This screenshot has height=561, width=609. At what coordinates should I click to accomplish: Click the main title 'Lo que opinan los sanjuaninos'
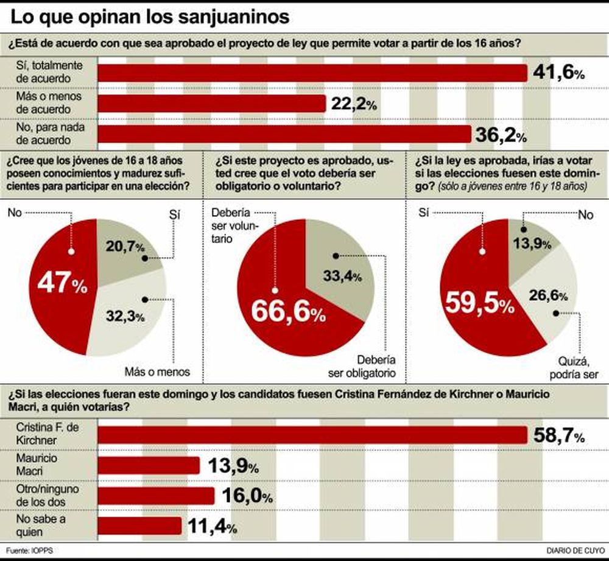pyautogui.click(x=150, y=16)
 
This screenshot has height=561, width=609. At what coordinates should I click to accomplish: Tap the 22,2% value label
pyautogui.click(x=353, y=104)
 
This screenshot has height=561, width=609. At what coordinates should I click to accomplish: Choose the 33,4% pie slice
pyautogui.click(x=341, y=268)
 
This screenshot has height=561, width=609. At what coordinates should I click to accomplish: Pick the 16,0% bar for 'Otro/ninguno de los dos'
pyautogui.click(x=156, y=496)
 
